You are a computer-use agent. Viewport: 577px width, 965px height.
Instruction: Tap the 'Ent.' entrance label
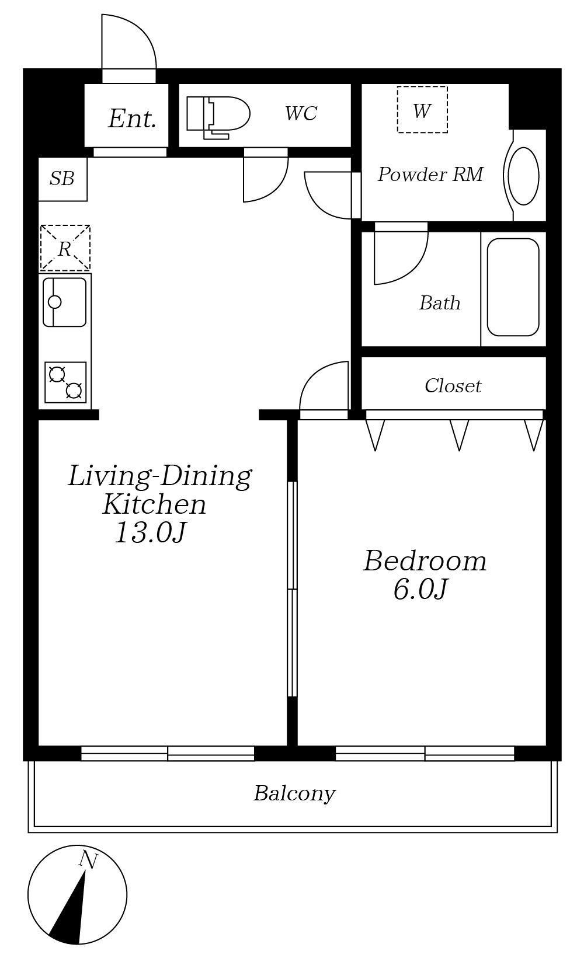point(132,119)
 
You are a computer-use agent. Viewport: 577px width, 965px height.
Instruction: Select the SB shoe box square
point(63,179)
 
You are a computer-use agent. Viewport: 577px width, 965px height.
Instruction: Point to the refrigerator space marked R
point(65,248)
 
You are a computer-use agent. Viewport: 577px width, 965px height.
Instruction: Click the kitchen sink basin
point(65,302)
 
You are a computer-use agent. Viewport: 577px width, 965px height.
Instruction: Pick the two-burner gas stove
point(65,382)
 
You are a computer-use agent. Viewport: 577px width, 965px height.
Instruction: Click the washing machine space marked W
point(422,110)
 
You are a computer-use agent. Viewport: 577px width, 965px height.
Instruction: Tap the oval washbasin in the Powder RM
point(524,176)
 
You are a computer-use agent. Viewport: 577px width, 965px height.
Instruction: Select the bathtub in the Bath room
point(513,287)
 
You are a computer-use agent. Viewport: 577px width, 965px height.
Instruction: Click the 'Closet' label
point(453,385)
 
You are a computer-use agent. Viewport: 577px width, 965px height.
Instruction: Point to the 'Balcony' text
point(294,793)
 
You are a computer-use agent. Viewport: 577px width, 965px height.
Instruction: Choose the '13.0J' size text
point(151,533)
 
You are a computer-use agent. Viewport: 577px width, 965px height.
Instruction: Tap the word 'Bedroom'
point(425,561)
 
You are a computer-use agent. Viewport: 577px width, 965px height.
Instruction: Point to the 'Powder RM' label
point(430,174)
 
